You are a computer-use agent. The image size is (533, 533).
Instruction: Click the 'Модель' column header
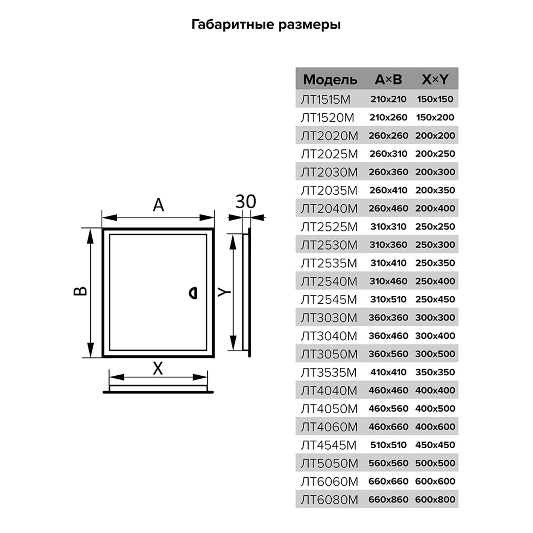tap(330, 80)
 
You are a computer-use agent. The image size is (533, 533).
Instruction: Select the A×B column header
tap(388, 80)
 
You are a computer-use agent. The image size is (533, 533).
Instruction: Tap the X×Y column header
tap(435, 80)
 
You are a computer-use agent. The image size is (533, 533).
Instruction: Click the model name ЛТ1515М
tap(326, 99)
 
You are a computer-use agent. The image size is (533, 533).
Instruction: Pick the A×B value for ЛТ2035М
tap(388, 190)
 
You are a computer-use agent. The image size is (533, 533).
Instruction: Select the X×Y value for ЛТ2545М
tap(435, 299)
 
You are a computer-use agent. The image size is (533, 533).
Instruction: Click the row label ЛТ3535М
tap(329, 372)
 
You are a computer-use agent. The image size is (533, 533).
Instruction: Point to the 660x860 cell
tap(388, 499)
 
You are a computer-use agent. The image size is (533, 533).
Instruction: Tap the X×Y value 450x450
tap(435, 445)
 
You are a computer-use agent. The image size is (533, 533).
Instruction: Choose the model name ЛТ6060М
tap(330, 481)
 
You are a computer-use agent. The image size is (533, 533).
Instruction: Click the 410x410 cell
tap(388, 372)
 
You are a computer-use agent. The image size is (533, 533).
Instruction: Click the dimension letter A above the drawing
tap(159, 205)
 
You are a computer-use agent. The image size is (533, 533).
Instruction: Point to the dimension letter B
tap(80, 290)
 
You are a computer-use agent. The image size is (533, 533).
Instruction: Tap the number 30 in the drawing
tap(246, 202)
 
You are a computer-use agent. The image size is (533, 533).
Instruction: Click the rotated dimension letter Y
tap(224, 292)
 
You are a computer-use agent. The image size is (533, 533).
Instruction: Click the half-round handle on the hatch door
tap(193, 294)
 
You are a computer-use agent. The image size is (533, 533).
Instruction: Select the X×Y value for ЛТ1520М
tap(435, 117)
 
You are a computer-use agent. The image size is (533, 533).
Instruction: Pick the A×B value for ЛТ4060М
tap(388, 426)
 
